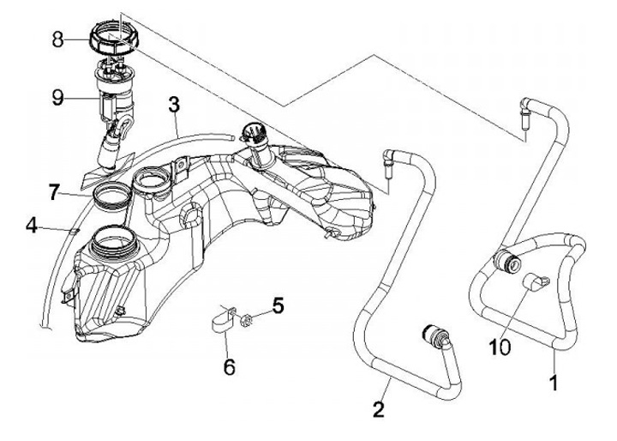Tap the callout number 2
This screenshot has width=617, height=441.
point(379,408)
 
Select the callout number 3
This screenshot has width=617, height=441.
point(174,106)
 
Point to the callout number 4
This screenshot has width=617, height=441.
point(32,227)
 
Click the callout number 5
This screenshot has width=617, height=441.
point(277,305)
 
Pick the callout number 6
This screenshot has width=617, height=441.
point(228,366)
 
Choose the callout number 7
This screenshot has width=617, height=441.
point(54,192)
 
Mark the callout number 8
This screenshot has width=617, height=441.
point(57,39)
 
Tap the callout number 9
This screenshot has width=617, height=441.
point(57,98)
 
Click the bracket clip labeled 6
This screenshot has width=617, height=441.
point(222,322)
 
